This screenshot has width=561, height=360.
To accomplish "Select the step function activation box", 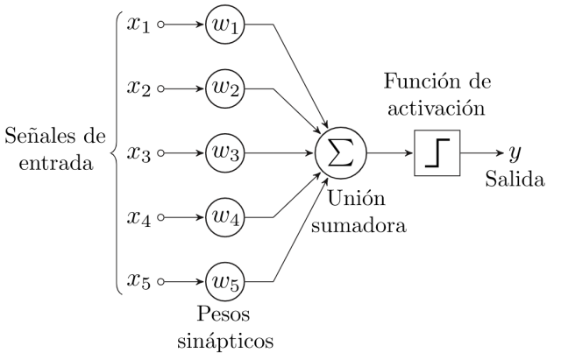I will [437, 153].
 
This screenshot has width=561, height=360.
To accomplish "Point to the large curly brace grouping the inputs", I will [115, 153].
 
